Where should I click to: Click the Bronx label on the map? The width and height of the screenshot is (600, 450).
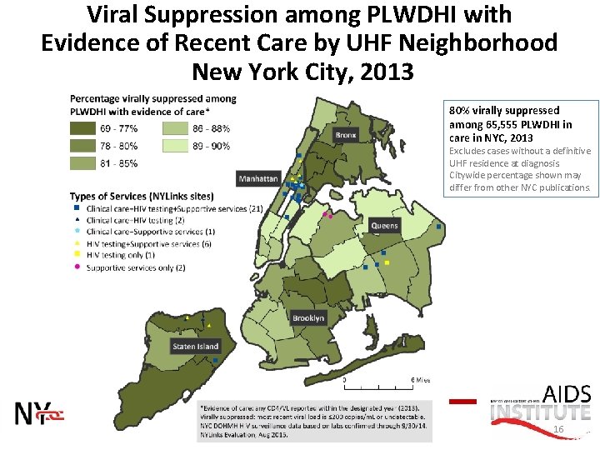pyautogui.click(x=345, y=136)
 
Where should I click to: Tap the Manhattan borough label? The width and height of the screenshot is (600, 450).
pyautogui.click(x=258, y=178)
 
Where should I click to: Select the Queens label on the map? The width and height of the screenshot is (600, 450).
pyautogui.click(x=385, y=226)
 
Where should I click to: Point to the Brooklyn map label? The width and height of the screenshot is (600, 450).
pyautogui.click(x=308, y=318)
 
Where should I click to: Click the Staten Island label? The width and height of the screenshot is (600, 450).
pyautogui.click(x=196, y=346)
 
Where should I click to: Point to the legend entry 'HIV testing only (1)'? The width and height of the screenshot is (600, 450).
pyautogui.click(x=120, y=255)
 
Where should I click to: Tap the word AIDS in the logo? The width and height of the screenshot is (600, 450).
pyautogui.click(x=567, y=394)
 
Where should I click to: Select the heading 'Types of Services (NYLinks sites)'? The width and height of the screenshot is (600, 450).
pyautogui.click(x=141, y=195)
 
